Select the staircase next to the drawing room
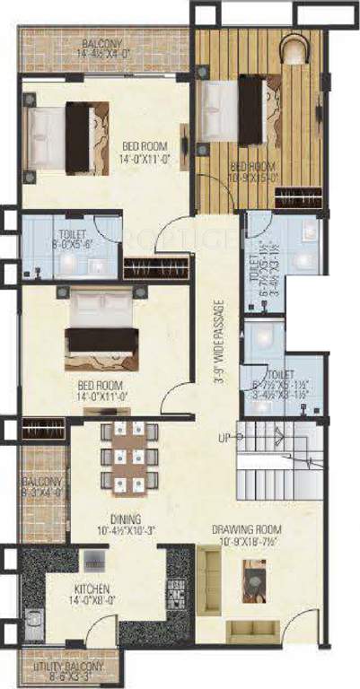click(x=278, y=463)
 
